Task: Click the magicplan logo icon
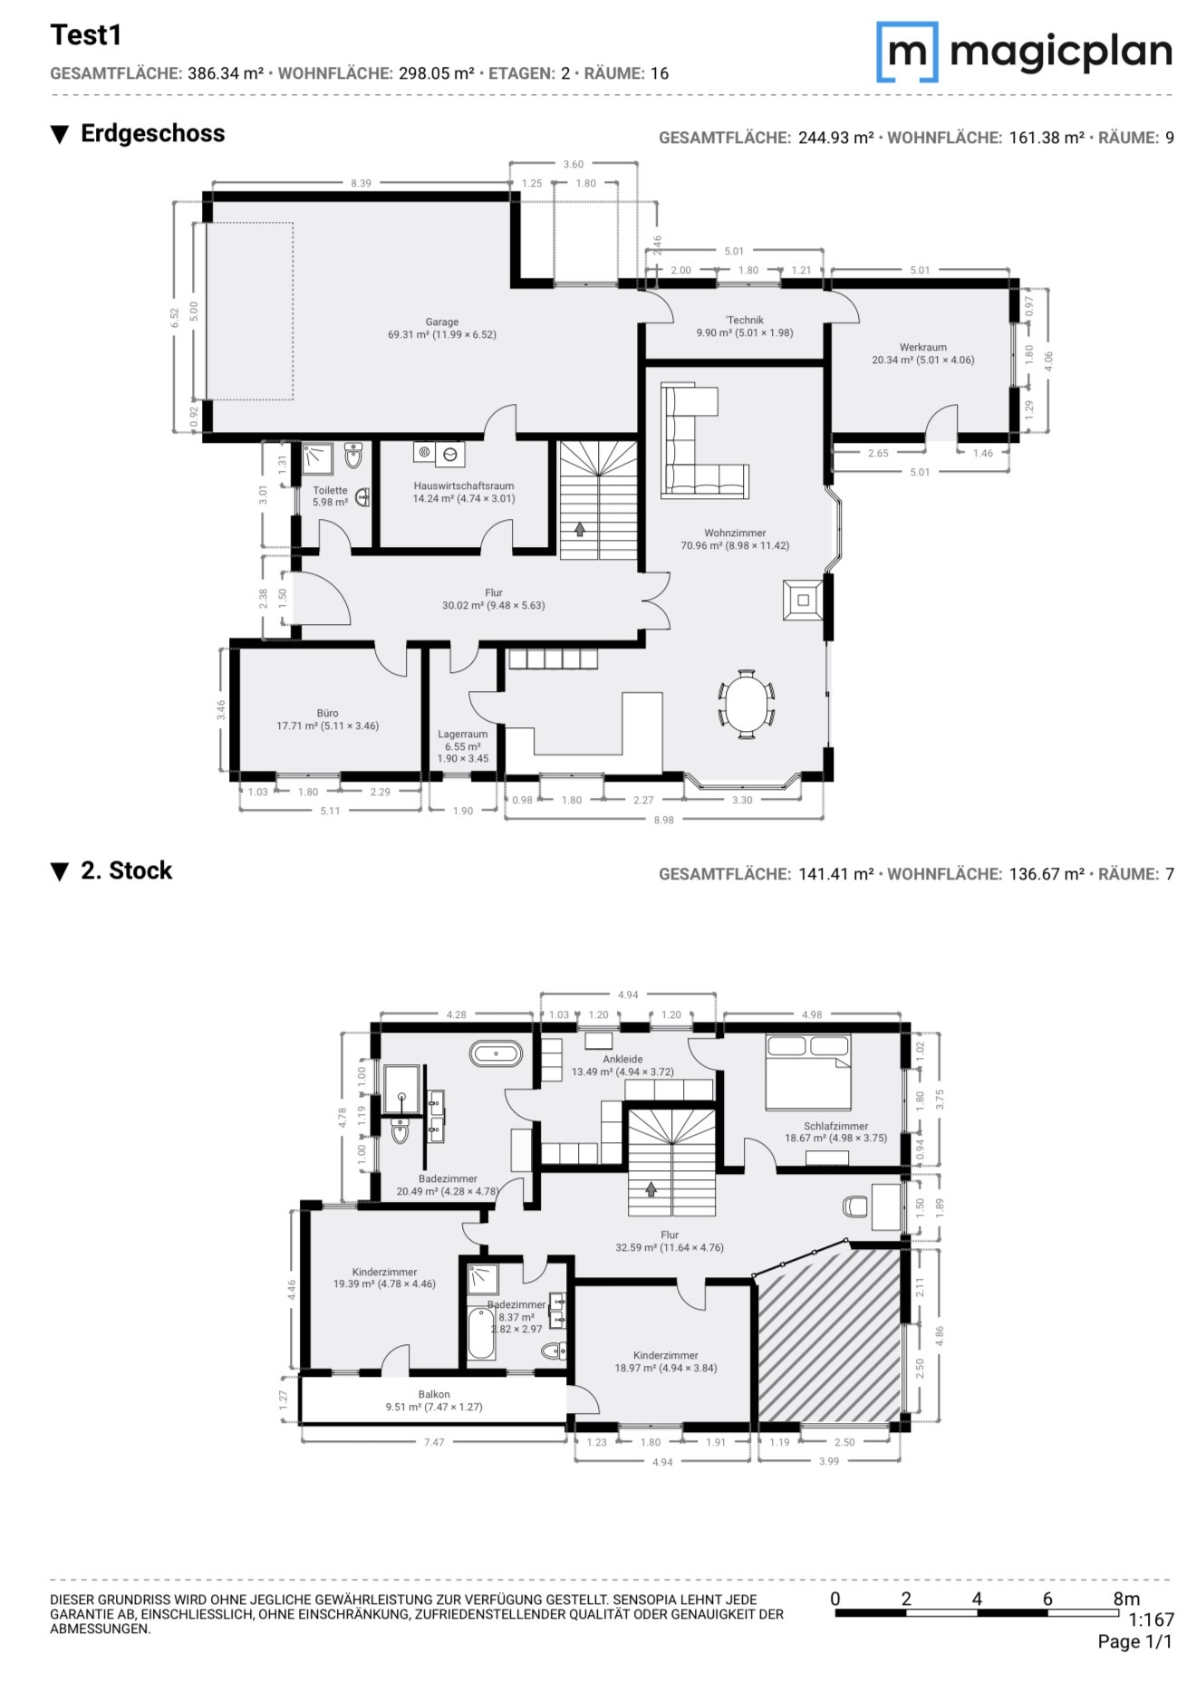907,53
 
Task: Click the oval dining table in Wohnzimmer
747,704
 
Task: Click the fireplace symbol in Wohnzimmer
803,599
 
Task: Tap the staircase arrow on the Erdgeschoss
580,529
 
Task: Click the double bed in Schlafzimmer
808,1072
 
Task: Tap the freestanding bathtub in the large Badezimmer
496,1053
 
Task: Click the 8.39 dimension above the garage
361,183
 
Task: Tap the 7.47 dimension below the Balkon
434,1442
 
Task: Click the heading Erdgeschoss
153,133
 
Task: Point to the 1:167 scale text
1151,1620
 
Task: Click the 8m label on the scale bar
1126,1599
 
